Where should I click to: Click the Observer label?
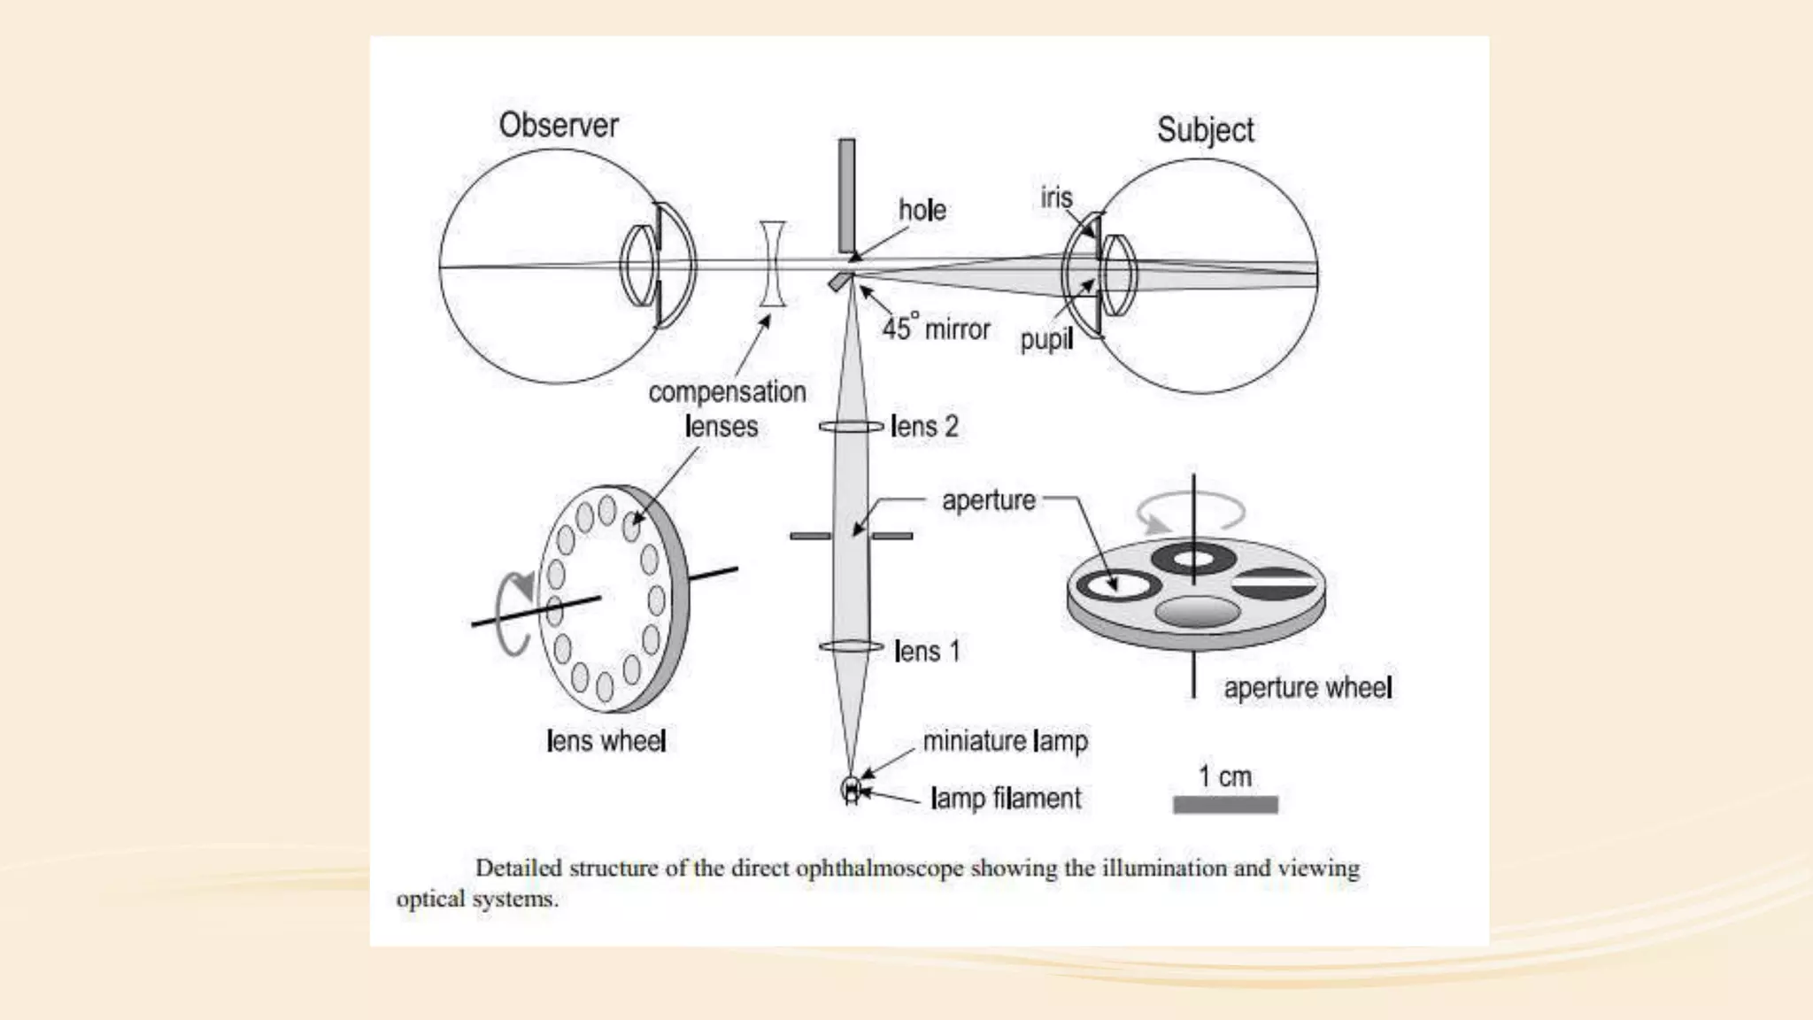pyautogui.click(x=558, y=125)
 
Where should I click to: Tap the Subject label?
pyautogui.click(x=1205, y=130)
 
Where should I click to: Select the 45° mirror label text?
pyautogui.click(x=936, y=328)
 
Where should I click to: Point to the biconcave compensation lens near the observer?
pyautogui.click(x=772, y=264)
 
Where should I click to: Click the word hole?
pyautogui.click(x=922, y=210)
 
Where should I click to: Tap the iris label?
pyautogui.click(x=1056, y=197)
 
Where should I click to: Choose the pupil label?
pyautogui.click(x=1045, y=339)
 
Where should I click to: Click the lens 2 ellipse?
pyautogui.click(x=851, y=427)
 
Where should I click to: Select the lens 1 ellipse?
pyautogui.click(x=851, y=647)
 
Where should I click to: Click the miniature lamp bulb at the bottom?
pyautogui.click(x=852, y=789)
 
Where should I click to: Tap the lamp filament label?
pyautogui.click(x=1006, y=799)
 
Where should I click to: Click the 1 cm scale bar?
pyautogui.click(x=1225, y=804)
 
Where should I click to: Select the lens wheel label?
pyautogui.click(x=606, y=740)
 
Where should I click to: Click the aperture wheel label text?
pyautogui.click(x=1308, y=688)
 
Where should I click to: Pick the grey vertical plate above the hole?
pyautogui.click(x=847, y=195)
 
